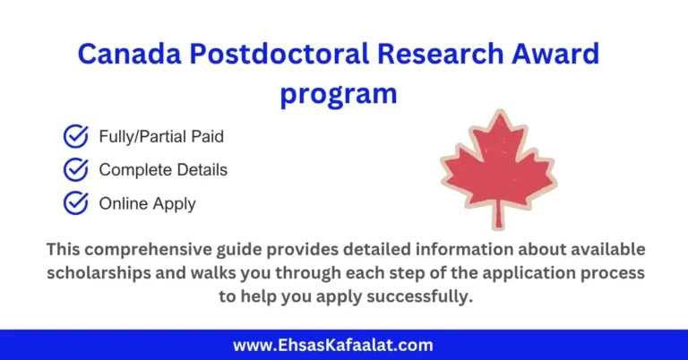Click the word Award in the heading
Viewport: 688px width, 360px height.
[557, 54]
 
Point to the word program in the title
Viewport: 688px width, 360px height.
[338, 92]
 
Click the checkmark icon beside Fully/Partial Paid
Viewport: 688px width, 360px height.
[75, 137]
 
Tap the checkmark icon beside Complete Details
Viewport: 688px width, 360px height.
[75, 169]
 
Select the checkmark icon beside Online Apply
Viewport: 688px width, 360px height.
[75, 203]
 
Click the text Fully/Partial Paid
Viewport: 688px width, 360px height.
[161, 137]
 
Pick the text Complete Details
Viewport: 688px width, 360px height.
[163, 169]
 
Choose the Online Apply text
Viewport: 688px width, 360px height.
[147, 203]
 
